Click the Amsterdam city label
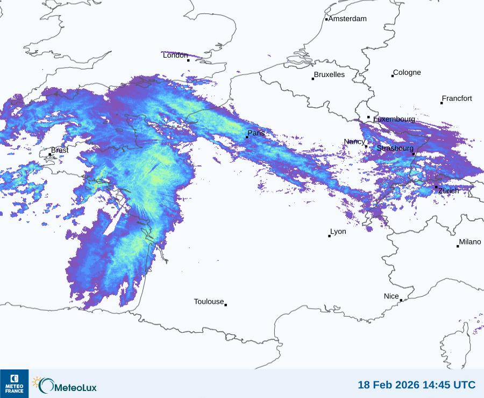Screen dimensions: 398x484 click(x=347, y=19)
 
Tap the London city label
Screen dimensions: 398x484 click(x=175, y=55)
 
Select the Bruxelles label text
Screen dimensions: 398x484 click(x=329, y=75)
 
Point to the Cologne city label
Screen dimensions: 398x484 click(x=407, y=73)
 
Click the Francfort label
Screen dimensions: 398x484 click(x=457, y=99)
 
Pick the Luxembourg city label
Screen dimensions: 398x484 click(x=394, y=119)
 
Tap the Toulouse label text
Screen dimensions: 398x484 click(x=209, y=302)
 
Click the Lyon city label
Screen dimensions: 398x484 click(x=338, y=232)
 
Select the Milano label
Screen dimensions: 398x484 click(x=470, y=242)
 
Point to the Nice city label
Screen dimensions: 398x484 click(x=392, y=296)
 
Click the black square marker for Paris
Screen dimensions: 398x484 click(x=247, y=137)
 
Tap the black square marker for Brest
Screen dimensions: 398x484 click(x=50, y=155)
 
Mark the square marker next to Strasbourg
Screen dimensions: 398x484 click(x=414, y=154)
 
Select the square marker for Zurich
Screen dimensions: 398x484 click(x=436, y=187)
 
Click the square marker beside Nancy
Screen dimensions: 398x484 click(x=366, y=146)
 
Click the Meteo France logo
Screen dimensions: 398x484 click(x=14, y=383)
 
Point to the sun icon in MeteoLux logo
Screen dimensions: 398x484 click(x=37, y=382)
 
